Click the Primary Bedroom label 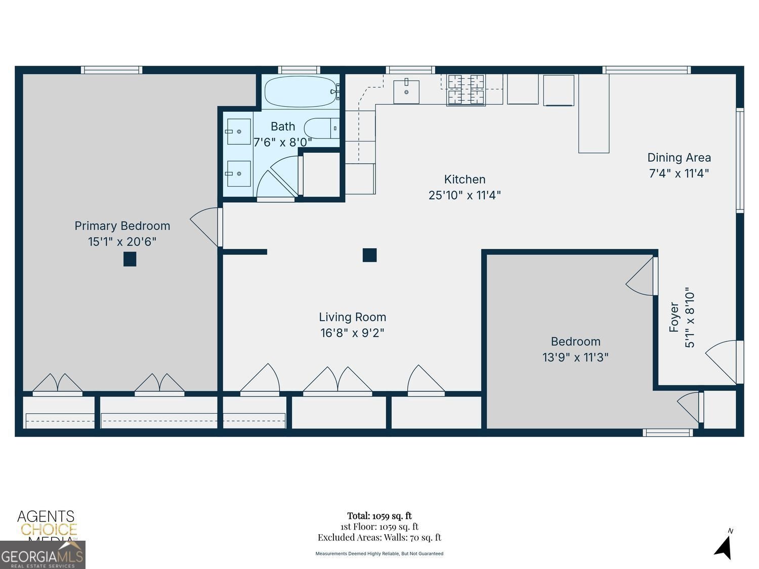(122, 226)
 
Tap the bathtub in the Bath (300, 92)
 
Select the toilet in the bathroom (320, 128)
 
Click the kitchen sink (406, 92)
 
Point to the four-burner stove (466, 90)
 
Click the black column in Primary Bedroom (130, 259)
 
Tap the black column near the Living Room (369, 255)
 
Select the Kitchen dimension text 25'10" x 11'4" (465, 195)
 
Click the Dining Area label (679, 158)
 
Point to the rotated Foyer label (674, 318)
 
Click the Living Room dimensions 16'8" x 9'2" (352, 333)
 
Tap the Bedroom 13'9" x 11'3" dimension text (575, 358)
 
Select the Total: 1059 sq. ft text (379, 516)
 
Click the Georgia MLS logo (43, 556)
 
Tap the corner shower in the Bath (278, 178)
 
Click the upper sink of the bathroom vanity (238, 132)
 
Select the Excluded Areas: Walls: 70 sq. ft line (379, 538)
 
